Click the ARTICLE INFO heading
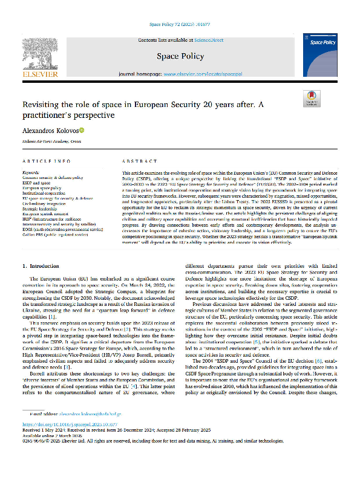coord(48,161)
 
